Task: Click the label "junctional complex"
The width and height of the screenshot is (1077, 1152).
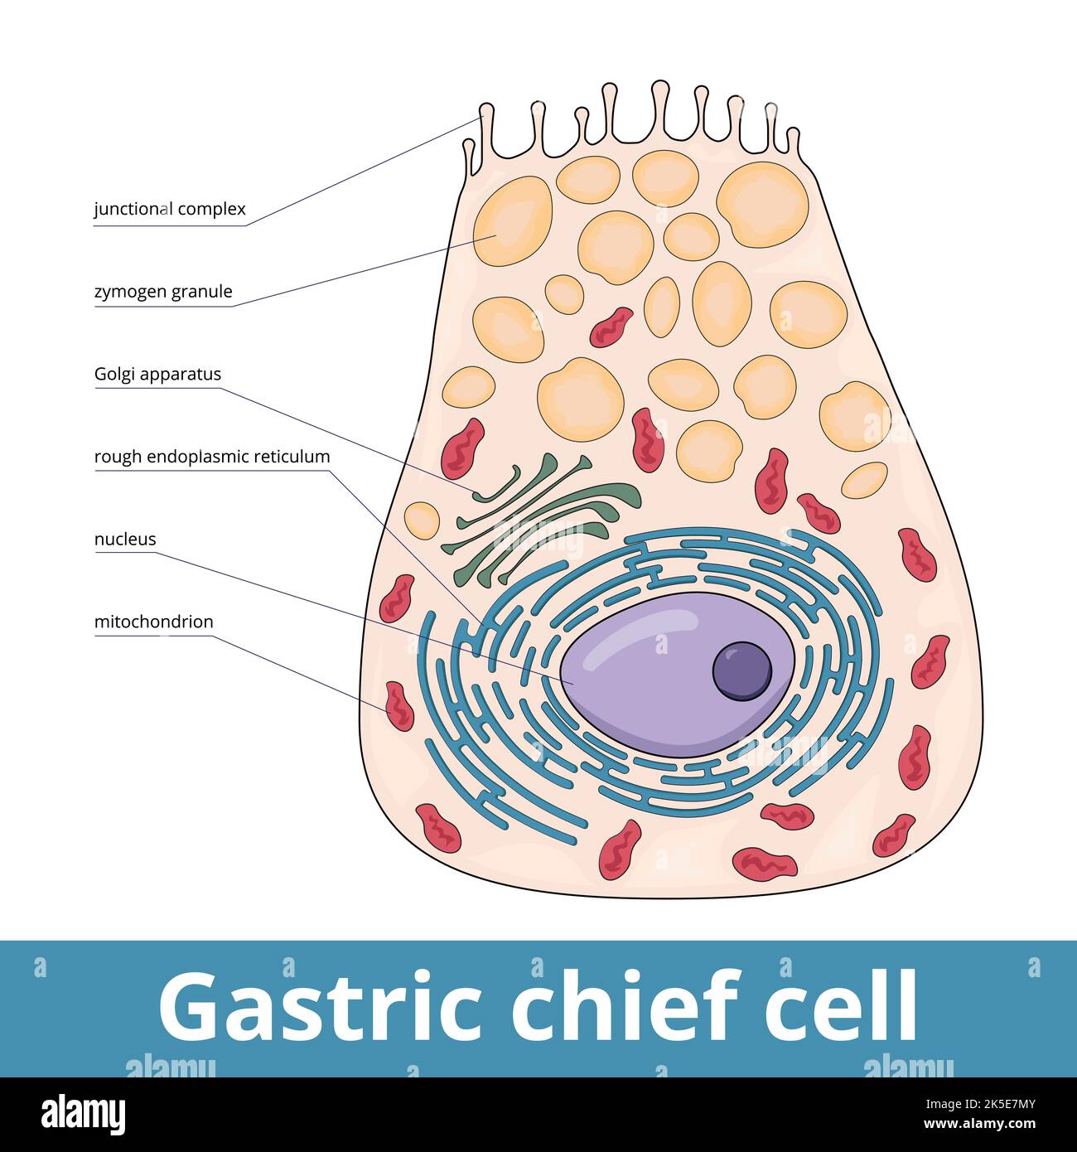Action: [170, 209]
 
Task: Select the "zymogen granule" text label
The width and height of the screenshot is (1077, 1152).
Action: [163, 292]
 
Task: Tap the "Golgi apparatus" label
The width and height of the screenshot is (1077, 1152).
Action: [157, 374]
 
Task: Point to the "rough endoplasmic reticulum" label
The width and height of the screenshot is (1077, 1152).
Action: [212, 457]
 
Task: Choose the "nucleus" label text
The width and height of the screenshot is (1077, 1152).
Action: [125, 540]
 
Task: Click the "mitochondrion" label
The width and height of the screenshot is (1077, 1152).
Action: [153, 622]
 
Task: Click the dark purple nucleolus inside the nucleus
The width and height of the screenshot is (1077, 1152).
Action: [741, 670]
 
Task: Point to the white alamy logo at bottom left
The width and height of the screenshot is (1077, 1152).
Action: [83, 1113]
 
